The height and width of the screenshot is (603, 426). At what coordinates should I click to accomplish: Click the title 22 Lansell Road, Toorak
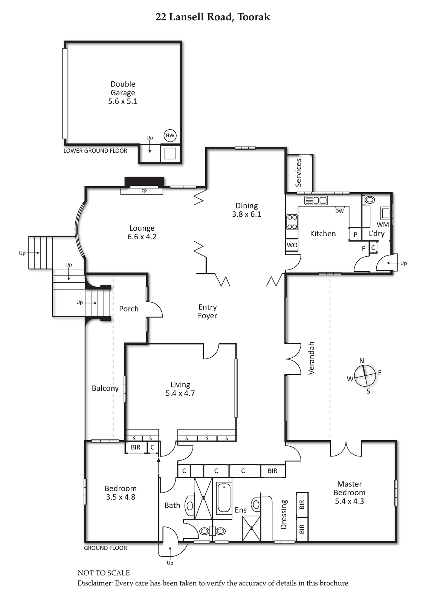213,17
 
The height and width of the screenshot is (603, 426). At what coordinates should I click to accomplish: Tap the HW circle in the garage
170,136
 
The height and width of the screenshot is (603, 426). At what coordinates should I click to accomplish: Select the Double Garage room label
123,93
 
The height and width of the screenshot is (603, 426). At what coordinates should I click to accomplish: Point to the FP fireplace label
144,191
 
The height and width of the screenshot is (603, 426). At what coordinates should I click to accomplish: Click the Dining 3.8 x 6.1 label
246,210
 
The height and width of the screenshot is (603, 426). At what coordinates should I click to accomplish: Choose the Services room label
298,173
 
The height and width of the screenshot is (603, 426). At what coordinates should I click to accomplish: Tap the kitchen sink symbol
316,200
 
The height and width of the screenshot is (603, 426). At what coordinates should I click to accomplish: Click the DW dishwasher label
340,211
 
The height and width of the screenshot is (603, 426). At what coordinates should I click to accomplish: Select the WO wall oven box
292,245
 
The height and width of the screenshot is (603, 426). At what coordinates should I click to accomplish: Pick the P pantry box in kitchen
356,234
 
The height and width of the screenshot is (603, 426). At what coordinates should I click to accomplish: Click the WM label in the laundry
383,224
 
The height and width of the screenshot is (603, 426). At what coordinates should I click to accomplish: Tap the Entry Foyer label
208,311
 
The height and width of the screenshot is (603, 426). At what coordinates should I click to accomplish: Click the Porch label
129,309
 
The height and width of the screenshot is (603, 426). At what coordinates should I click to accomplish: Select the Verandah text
311,358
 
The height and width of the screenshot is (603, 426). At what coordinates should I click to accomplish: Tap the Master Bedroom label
349,493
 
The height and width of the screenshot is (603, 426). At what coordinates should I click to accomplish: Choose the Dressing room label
284,514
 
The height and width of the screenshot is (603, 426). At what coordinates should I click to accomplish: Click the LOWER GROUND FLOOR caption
95,151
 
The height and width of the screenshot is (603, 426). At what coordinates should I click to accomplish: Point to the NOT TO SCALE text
104,573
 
